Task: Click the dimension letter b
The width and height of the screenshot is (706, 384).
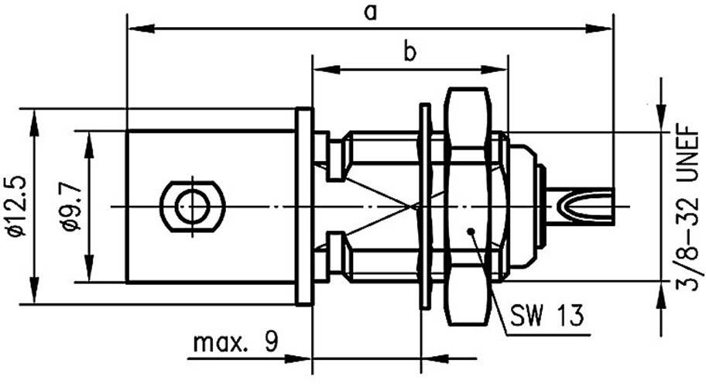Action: [410, 52]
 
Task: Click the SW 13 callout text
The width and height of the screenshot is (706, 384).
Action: [547, 317]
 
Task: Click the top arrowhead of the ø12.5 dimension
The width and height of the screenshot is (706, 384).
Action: [34, 117]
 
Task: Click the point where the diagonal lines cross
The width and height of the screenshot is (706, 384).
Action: [415, 207]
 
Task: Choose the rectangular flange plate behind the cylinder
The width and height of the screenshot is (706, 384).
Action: [304, 206]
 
